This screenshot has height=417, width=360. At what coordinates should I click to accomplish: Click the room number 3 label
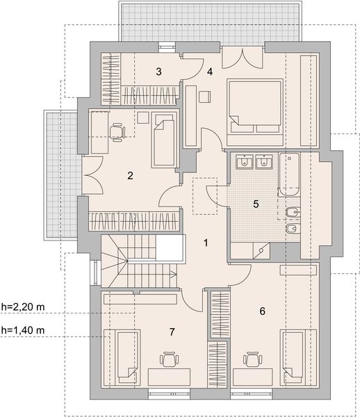[158, 72]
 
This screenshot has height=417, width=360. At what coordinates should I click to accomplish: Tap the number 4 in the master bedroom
[210, 72]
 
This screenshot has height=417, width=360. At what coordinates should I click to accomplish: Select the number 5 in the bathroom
[256, 204]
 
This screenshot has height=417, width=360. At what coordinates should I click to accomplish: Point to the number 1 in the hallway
[206, 243]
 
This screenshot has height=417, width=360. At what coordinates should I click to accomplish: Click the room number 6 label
[263, 311]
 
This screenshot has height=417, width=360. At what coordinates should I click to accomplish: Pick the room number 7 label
[172, 332]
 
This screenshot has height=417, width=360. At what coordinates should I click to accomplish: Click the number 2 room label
[130, 176]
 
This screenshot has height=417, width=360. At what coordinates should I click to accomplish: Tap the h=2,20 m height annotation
[23, 307]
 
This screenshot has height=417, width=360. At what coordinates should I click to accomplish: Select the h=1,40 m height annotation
[23, 330]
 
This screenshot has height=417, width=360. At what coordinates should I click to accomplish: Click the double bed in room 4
[255, 112]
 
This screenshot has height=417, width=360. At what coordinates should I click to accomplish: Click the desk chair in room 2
[117, 131]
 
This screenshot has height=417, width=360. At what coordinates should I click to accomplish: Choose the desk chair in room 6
[252, 359]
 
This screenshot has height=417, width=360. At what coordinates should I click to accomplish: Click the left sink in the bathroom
[245, 162]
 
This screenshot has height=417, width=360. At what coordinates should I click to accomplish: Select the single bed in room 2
[164, 140]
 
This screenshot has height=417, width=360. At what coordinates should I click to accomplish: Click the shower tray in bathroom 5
[261, 250]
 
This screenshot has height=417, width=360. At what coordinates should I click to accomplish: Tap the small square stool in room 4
[204, 97]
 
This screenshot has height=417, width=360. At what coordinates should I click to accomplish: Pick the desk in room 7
[169, 377]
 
